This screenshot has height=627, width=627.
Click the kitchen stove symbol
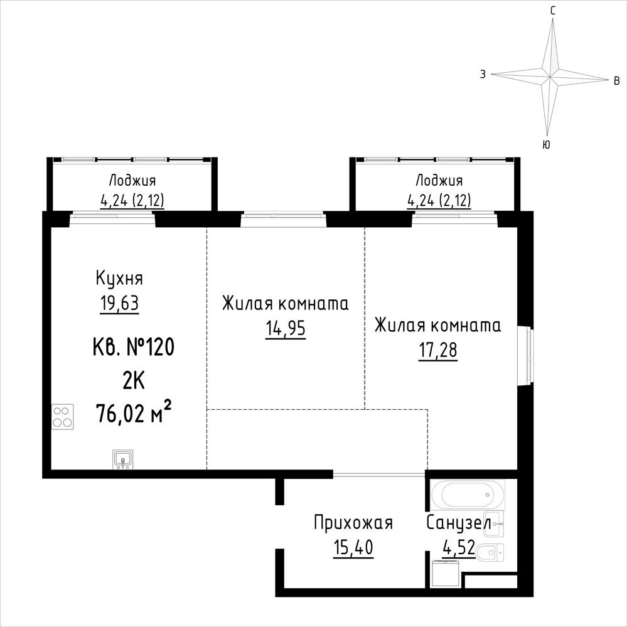click(x=63, y=417)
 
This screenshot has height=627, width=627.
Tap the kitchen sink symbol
click(x=123, y=459)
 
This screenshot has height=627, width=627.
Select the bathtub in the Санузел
click(x=468, y=495)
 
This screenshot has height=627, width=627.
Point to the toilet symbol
click(x=490, y=552)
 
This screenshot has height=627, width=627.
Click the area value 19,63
click(x=119, y=304)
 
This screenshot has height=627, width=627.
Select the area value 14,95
click(x=286, y=329)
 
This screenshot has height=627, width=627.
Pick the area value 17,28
click(x=438, y=351)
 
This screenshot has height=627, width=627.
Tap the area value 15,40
click(x=353, y=547)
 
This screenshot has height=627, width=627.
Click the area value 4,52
click(x=459, y=547)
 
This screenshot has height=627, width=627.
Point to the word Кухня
click(x=119, y=279)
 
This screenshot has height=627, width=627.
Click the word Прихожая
click(x=353, y=523)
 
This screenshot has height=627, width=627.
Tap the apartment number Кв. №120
click(x=134, y=346)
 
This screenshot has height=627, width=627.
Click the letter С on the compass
click(x=552, y=11)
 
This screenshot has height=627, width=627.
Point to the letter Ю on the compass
click(x=546, y=145)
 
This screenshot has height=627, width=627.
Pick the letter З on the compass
click(x=483, y=75)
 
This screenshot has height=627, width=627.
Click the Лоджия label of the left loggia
click(x=132, y=181)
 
